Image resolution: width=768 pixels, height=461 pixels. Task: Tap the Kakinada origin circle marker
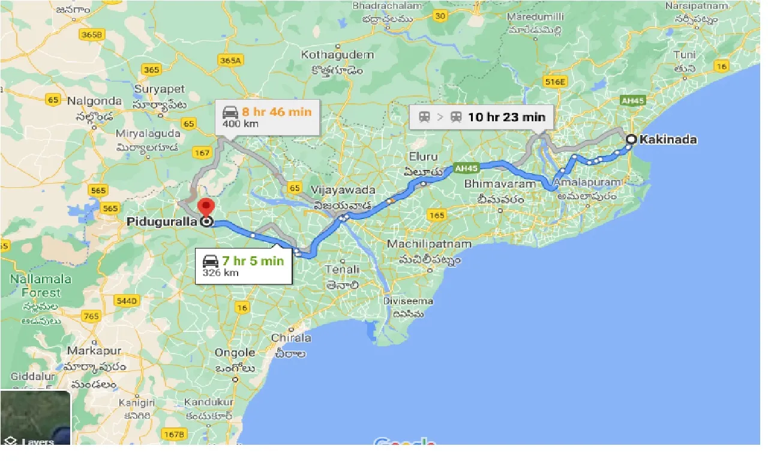(x=631, y=140)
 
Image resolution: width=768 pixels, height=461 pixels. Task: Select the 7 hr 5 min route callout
(x=243, y=266)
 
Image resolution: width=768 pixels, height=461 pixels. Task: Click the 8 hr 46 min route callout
(x=267, y=116)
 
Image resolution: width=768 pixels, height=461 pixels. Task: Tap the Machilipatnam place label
(x=429, y=244)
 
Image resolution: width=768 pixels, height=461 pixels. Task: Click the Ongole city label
(x=235, y=352)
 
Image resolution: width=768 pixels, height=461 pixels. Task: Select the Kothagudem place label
(x=337, y=55)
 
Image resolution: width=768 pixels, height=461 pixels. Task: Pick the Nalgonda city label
(x=94, y=101)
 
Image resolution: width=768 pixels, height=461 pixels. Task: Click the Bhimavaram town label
(x=499, y=184)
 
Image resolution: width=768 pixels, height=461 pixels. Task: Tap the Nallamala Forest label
(x=41, y=286)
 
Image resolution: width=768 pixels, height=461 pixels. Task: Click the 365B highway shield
(x=92, y=35)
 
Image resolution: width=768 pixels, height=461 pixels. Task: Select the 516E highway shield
(x=554, y=81)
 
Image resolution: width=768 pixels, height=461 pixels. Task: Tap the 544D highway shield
(x=127, y=300)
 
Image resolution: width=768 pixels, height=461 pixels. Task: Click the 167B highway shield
(x=174, y=433)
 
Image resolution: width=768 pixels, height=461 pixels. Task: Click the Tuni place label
(x=684, y=55)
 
